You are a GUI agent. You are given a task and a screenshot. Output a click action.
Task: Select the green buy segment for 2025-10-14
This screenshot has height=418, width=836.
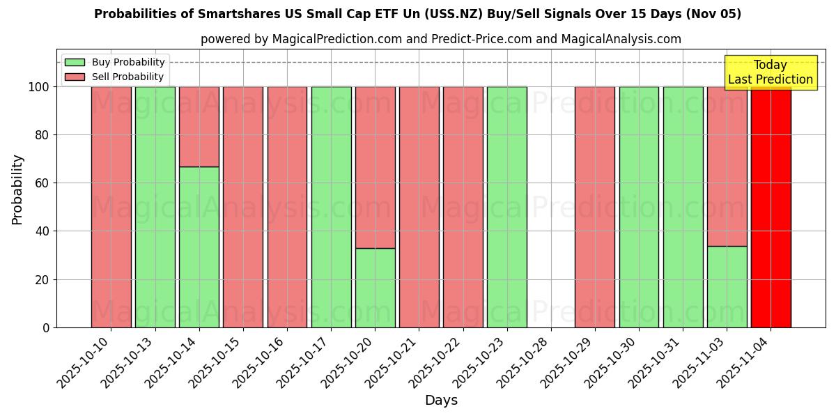pos(199,247)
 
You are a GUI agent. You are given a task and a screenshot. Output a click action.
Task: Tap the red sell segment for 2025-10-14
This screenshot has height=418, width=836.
pos(199,127)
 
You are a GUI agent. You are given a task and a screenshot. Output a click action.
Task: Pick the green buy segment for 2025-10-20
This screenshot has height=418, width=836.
pos(376,288)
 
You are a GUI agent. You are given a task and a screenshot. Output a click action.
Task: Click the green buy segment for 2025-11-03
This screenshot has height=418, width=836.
pos(727,286)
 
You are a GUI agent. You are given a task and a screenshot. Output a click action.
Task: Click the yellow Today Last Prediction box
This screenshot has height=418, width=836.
pos(771,72)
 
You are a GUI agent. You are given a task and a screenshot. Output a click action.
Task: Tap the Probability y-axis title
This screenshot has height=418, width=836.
pos(17,189)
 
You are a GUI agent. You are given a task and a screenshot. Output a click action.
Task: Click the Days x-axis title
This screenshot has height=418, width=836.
pos(441,401)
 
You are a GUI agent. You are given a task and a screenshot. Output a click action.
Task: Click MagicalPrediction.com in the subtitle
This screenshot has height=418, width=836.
pos(336,39)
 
